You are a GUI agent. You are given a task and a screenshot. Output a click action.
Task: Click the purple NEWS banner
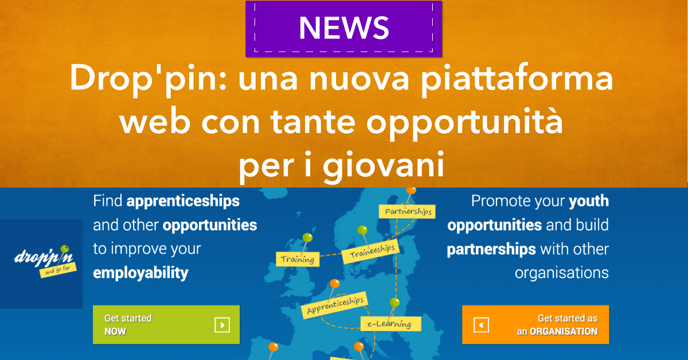click(343, 29)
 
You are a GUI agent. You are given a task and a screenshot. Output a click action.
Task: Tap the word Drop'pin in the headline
click(148, 79)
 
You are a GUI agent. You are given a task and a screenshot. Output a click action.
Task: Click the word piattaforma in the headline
click(517, 79)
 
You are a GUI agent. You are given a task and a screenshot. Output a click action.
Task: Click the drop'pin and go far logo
click(45, 261)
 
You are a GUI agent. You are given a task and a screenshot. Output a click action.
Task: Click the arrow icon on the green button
click(222, 325)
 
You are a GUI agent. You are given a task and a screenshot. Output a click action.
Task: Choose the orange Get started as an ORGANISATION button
click(535, 324)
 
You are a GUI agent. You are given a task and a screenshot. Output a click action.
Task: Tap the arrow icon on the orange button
click(481, 325)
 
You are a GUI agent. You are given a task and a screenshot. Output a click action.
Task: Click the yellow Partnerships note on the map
click(407, 212)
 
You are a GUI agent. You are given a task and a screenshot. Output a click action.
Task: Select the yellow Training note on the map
click(298, 259)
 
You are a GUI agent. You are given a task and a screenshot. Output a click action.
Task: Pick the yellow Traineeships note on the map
click(371, 251)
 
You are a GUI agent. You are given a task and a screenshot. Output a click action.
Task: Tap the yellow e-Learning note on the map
click(390, 324)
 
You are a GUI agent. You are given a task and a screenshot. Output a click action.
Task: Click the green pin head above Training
click(307, 237)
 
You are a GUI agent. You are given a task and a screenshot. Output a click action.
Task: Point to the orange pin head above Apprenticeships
click(334, 283)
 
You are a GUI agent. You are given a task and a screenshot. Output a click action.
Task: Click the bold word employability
click(140, 273)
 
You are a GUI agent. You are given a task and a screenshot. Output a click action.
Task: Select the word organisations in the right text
click(562, 272)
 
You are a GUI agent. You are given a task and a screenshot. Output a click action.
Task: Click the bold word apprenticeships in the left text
click(183, 202)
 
